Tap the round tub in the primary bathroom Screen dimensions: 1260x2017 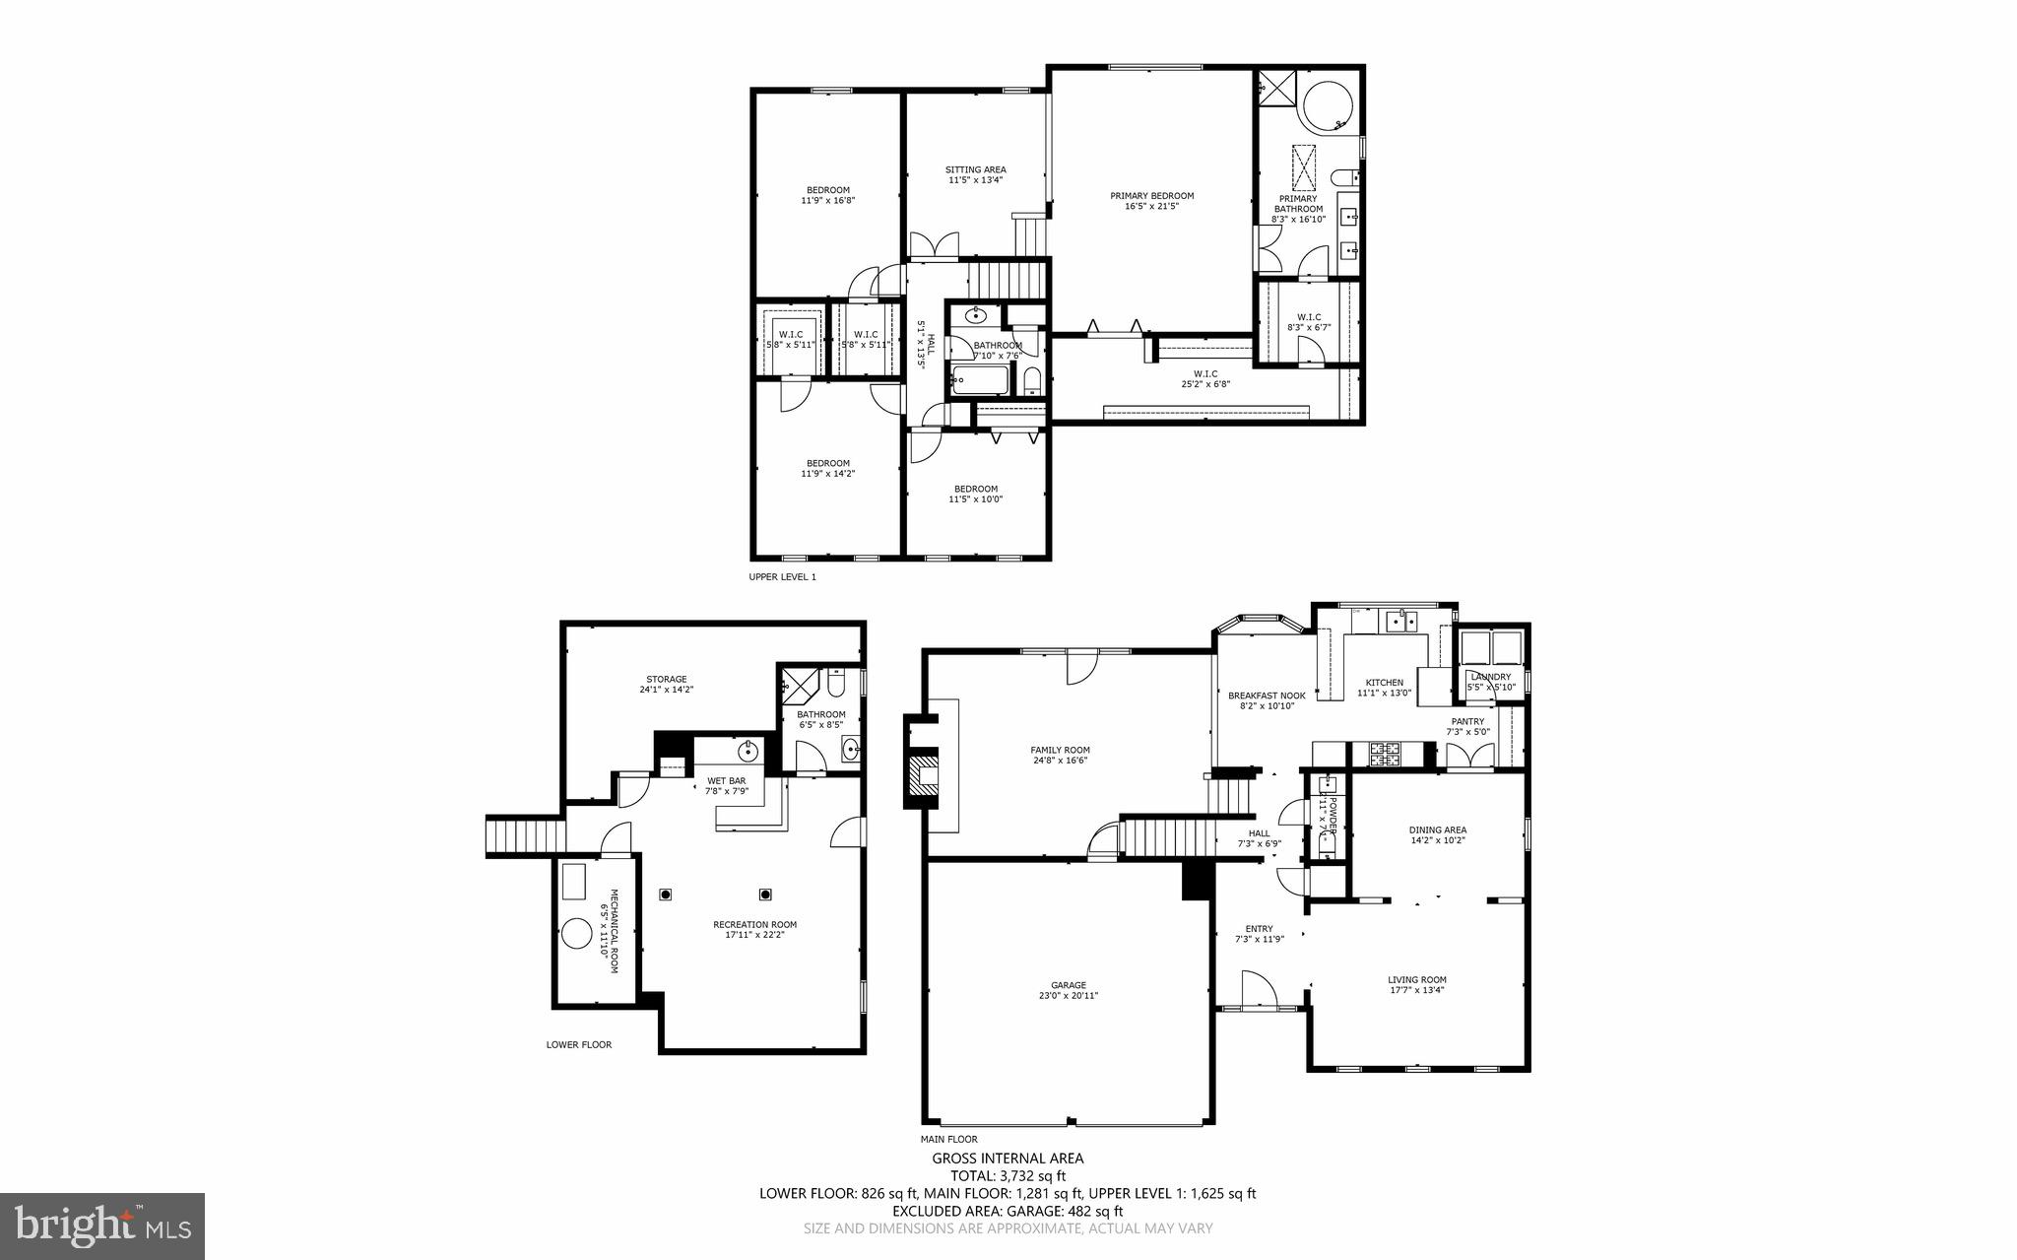[x=1329, y=104]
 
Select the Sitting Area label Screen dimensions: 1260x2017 [x=975, y=174]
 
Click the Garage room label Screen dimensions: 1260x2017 [x=1068, y=990]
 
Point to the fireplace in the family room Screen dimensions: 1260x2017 [x=925, y=774]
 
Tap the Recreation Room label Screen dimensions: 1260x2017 [x=754, y=929]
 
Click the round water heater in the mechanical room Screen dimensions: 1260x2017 [x=574, y=934]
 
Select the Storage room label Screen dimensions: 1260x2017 [x=667, y=684]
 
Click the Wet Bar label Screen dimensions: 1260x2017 [x=727, y=785]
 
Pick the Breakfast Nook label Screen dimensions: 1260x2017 [x=1267, y=700]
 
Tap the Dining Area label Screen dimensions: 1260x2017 [x=1437, y=834]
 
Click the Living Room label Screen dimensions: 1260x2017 [x=1416, y=985]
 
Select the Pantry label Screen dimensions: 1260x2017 [x=1466, y=726]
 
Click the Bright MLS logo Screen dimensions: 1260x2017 [x=102, y=1225]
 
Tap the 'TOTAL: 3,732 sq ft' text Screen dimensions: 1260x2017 [x=1008, y=1175]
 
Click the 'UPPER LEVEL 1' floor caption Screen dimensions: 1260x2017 [x=782, y=577]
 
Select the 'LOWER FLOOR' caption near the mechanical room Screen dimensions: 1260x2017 [x=579, y=1044]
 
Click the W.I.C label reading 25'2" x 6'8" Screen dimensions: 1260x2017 [x=1205, y=378]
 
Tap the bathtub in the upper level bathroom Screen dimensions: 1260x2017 [x=981, y=379]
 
